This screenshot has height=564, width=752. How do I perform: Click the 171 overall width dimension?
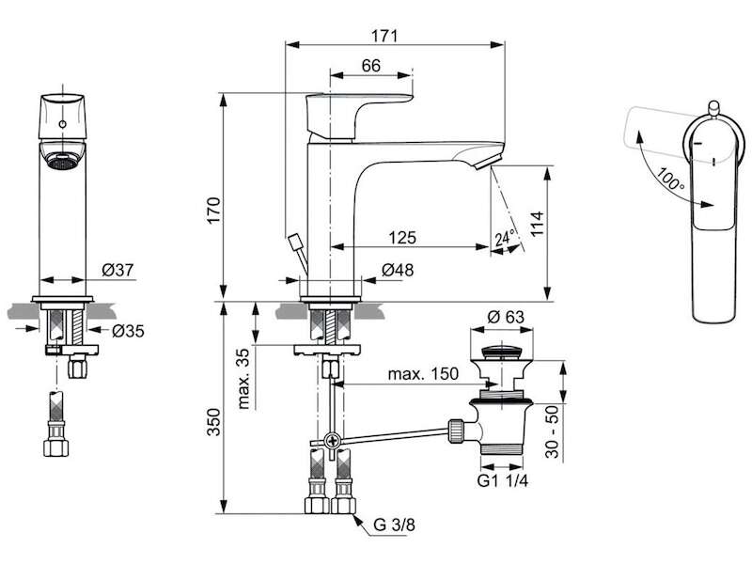pos(384,36)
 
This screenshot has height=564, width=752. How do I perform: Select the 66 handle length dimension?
pos(370,65)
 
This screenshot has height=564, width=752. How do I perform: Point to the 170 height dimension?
pos(214,210)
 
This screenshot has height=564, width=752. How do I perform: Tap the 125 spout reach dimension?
pos(402,238)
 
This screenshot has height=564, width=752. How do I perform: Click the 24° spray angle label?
pos(505,238)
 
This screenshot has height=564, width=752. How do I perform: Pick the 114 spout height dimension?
pos(537,224)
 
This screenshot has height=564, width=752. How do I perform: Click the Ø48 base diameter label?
pos(398,270)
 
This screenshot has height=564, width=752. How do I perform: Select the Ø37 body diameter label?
pos(117,270)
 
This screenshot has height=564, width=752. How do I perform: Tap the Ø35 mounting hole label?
pos(128,331)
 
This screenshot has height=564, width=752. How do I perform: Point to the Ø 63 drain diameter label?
pos(506,317)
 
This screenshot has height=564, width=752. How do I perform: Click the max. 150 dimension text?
pos(423,373)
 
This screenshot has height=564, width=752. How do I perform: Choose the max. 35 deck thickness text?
pos(244,379)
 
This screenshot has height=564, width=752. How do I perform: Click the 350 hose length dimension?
pos(214,422)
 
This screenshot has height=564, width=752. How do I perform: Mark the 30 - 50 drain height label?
pos(553,431)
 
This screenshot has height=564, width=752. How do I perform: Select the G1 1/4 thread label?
pos(503,480)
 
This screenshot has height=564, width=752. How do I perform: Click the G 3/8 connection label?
pos(394,525)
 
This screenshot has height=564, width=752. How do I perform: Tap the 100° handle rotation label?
pos(670,178)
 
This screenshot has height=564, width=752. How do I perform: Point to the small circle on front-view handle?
pos(62,124)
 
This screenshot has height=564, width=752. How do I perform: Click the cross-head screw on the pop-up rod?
pos(332,440)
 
